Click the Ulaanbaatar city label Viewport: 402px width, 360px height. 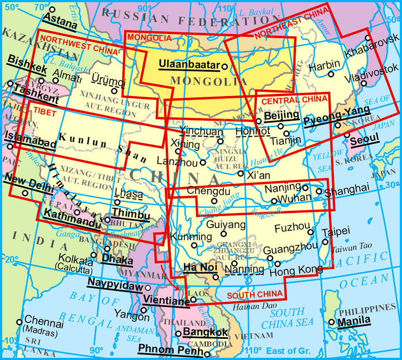189,64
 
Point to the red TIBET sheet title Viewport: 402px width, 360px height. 42,111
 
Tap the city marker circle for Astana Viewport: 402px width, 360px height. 52,10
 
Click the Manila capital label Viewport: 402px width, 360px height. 354,320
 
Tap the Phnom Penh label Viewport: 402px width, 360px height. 170,350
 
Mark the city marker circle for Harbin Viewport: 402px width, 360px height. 331,74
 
